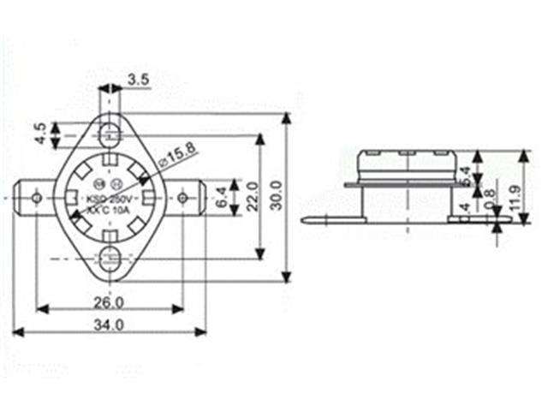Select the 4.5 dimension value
39,134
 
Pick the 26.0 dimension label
108,301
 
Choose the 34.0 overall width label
109,325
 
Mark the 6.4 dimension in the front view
220,198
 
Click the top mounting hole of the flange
109,134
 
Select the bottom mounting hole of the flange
109,258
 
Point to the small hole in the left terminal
36,199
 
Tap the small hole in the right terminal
182,199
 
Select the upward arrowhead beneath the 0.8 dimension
496,229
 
